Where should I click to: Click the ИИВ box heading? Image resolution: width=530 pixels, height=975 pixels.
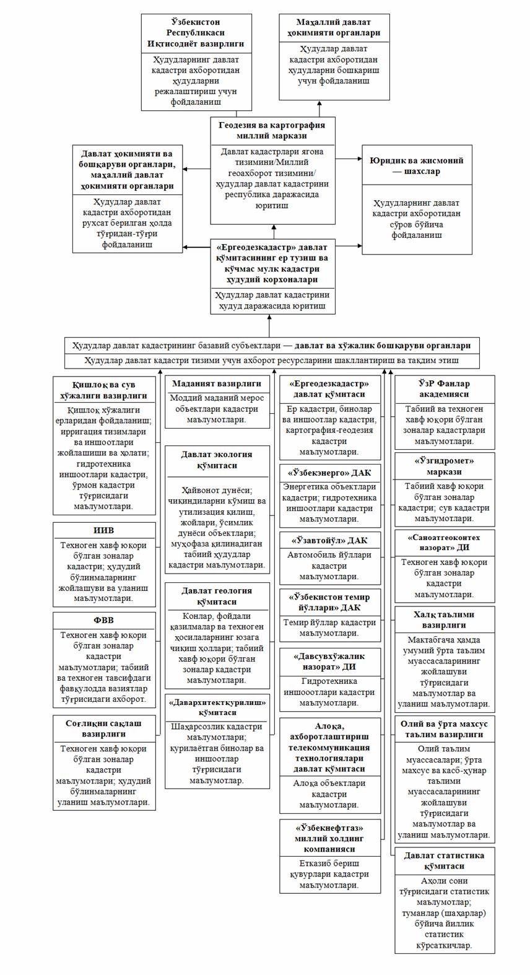click(103, 530)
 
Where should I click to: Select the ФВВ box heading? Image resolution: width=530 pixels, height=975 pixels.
click(103, 620)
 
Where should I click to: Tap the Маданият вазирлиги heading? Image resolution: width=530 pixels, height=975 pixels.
click(217, 383)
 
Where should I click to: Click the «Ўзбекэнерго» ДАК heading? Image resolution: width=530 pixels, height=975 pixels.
click(329, 473)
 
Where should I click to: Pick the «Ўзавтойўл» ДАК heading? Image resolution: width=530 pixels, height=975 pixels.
click(329, 541)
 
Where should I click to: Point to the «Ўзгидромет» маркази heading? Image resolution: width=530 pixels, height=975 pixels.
click(444, 466)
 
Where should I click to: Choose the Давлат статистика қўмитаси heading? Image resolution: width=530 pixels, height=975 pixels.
click(444, 860)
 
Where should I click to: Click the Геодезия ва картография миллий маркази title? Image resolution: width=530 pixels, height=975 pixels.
click(272, 130)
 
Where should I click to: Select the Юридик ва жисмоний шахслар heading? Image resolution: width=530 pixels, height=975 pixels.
click(417, 165)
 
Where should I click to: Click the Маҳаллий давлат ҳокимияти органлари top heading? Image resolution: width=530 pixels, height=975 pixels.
click(334, 28)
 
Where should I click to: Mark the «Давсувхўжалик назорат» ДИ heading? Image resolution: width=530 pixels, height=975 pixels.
click(329, 661)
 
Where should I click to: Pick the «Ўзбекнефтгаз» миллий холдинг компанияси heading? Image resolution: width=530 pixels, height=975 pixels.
click(329, 837)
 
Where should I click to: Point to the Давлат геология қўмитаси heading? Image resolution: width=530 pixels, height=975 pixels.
click(217, 596)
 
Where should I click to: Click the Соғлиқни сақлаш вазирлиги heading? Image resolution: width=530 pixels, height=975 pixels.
click(103, 728)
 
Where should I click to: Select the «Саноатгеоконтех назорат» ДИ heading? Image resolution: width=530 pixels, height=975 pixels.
click(444, 543)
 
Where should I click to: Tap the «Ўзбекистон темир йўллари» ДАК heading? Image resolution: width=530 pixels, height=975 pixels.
click(329, 602)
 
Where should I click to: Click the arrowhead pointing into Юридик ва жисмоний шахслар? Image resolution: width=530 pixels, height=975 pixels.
click(359, 159)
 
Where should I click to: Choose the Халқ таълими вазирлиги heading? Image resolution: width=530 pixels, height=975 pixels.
click(444, 619)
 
